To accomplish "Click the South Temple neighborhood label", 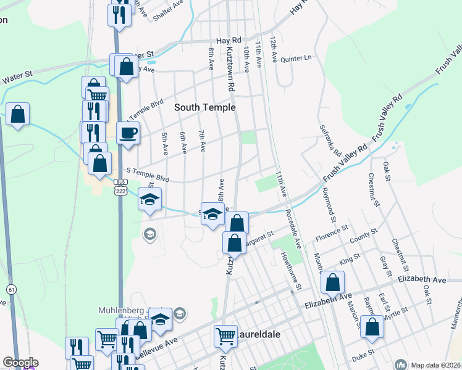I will (205, 107).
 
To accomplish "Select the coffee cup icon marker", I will (128, 133).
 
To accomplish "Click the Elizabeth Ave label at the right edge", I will (422, 279).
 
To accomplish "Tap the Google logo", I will (20, 363).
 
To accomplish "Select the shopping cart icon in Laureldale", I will (225, 336).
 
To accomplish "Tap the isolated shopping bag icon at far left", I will (18, 114).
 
